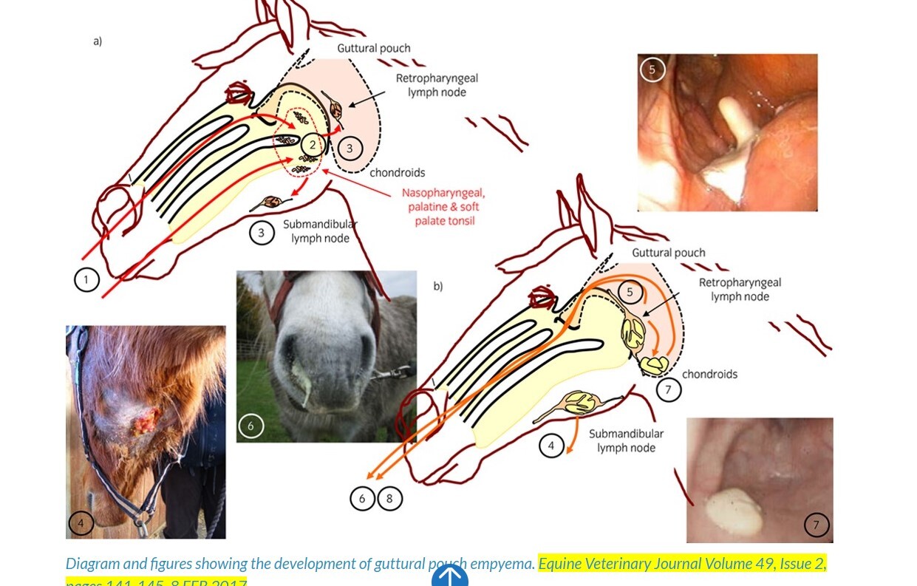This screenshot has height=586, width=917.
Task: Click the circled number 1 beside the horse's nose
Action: click(x=86, y=279)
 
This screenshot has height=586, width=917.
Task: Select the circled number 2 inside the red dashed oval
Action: click(x=313, y=145)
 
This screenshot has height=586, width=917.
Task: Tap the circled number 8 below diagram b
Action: click(x=389, y=499)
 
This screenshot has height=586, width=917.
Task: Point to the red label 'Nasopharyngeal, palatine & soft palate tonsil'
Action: click(x=443, y=206)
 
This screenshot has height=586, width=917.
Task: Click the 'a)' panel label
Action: click(x=98, y=41)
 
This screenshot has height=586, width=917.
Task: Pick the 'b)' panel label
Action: click(x=438, y=286)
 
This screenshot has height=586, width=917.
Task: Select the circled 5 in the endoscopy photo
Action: click(x=652, y=69)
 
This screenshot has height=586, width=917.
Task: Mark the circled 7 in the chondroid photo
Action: click(x=817, y=525)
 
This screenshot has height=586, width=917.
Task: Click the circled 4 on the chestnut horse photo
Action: click(x=81, y=524)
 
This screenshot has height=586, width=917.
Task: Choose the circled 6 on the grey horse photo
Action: click(x=251, y=426)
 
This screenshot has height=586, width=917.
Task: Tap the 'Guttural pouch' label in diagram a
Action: click(x=374, y=49)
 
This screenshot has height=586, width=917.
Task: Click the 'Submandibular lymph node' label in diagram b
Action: click(x=627, y=440)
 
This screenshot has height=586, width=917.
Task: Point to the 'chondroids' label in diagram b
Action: click(x=709, y=374)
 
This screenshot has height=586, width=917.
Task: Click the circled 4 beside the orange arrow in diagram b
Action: click(x=551, y=446)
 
